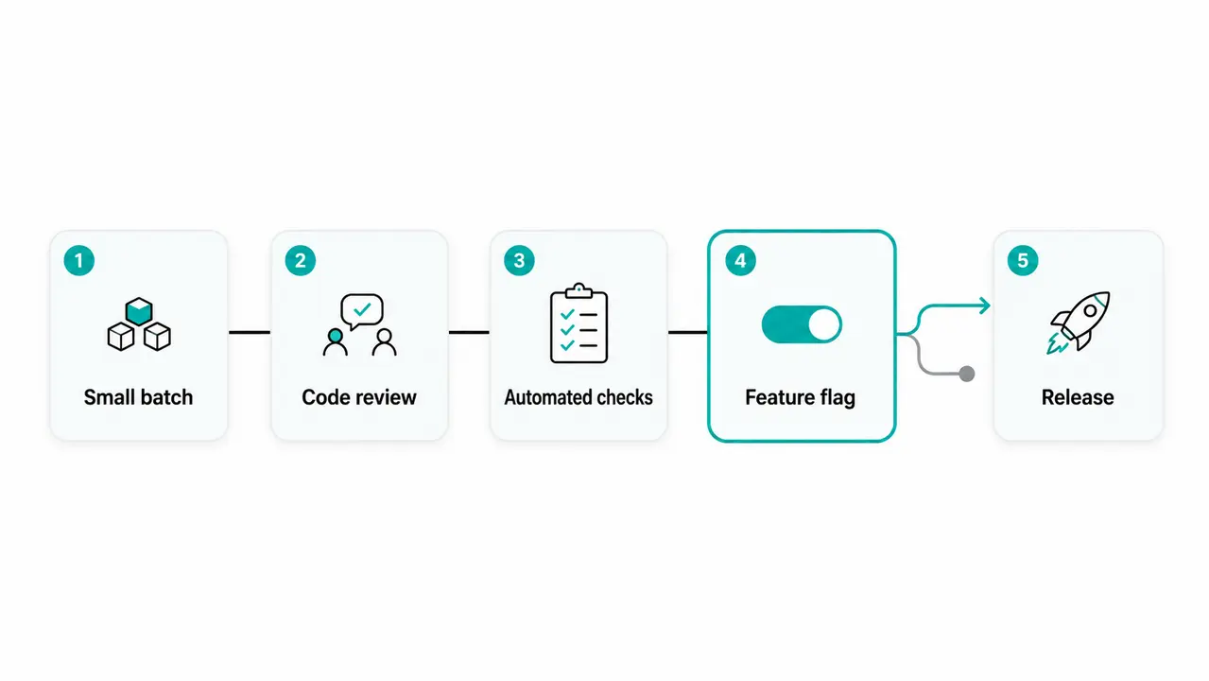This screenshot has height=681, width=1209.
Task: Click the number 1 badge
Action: pyautogui.click(x=78, y=261)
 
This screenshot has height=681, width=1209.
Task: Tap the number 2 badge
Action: pyautogui.click(x=300, y=261)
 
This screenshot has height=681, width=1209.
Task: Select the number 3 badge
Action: pyautogui.click(x=519, y=261)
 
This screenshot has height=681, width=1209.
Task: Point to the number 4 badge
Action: pyautogui.click(x=740, y=261)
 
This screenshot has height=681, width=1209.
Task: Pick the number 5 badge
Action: pyautogui.click(x=1023, y=261)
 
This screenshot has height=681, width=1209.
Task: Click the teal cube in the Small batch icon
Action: pyautogui.click(x=139, y=311)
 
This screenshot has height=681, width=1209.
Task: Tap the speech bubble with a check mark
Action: pyautogui.click(x=362, y=311)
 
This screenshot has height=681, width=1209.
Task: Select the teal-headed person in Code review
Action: pyautogui.click(x=336, y=341)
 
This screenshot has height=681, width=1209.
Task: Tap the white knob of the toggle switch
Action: pyautogui.click(x=824, y=324)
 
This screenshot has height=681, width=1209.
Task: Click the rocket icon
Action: pyautogui.click(x=1079, y=323)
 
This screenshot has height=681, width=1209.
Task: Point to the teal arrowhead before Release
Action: pyautogui.click(x=985, y=306)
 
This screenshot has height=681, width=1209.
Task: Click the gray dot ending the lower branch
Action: pyautogui.click(x=967, y=374)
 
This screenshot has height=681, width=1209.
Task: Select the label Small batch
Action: pyautogui.click(x=138, y=397)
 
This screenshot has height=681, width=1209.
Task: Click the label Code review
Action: pyautogui.click(x=359, y=397)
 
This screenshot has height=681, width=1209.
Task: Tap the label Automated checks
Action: pyautogui.click(x=579, y=397)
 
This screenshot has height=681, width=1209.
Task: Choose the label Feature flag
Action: pyautogui.click(x=801, y=398)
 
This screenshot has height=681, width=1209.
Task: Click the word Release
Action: pyautogui.click(x=1078, y=397)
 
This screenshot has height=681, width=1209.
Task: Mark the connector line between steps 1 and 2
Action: pyautogui.click(x=250, y=332)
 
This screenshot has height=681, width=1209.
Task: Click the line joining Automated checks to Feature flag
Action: pyautogui.click(x=688, y=332)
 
